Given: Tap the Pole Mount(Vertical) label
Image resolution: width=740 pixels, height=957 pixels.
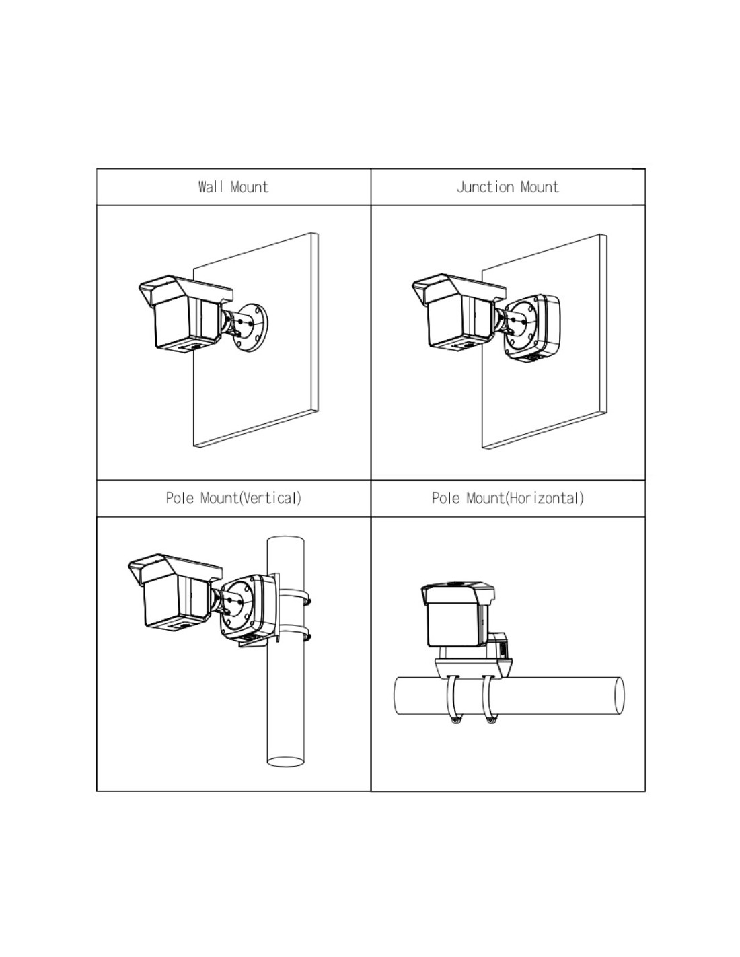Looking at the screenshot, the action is (x=233, y=498).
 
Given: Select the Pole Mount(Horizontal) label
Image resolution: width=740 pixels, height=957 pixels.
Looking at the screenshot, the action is (x=507, y=498).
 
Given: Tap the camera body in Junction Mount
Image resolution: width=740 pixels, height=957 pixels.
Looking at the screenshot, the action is (x=458, y=322).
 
